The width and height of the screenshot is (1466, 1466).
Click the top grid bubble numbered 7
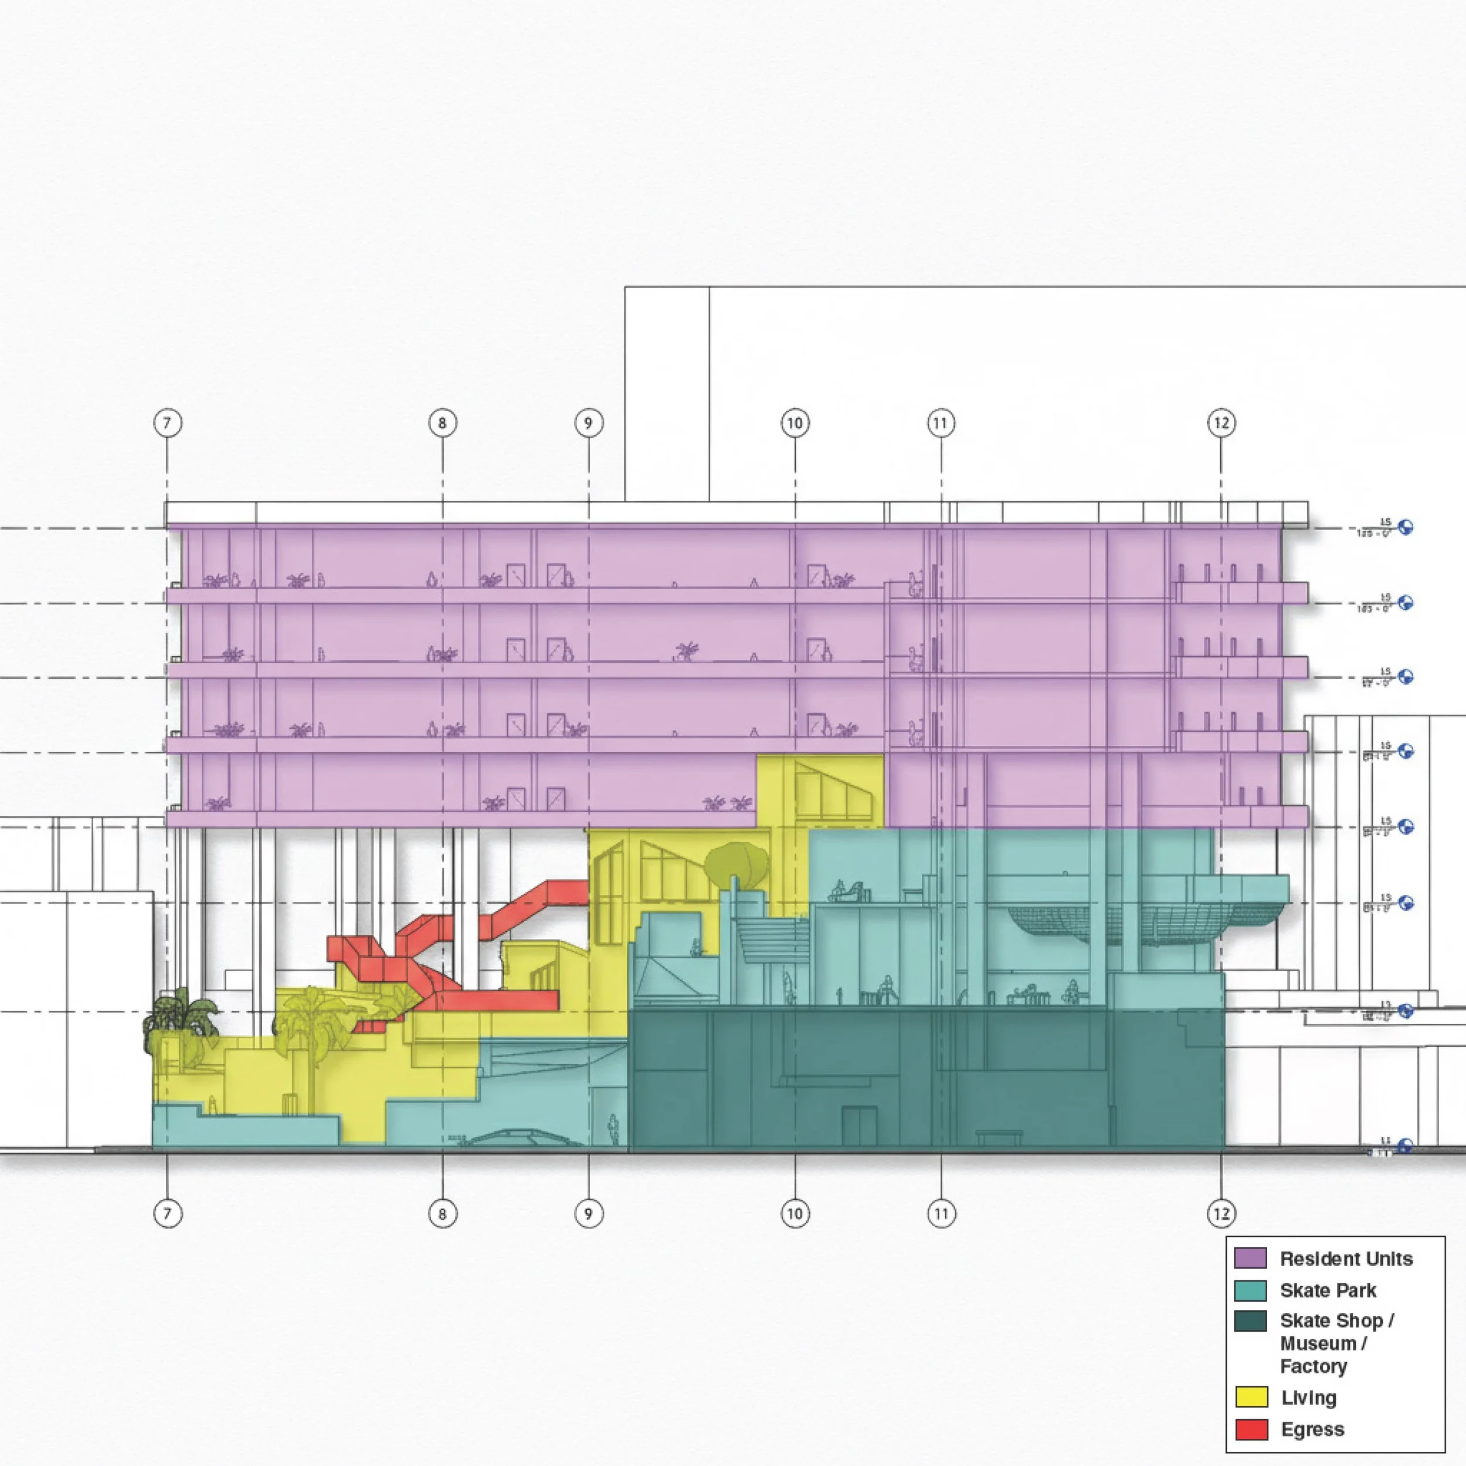168,423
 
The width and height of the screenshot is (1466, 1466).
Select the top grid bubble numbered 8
442,423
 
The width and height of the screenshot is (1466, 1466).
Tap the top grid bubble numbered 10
795,423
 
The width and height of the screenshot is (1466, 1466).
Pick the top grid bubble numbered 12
1221,423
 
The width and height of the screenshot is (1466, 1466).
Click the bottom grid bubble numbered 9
588,1213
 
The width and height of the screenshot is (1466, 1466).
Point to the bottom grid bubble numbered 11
941,1213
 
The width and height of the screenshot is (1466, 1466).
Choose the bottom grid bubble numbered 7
168,1213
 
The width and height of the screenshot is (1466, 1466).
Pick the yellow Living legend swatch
1251,1397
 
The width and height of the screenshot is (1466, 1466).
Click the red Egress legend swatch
1251,1429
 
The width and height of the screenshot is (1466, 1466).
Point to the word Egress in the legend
1313,1430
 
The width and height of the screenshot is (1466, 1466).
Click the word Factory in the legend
1314,1366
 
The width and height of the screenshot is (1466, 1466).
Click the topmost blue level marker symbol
1405,527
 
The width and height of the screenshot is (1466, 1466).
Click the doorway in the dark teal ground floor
860,1125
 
